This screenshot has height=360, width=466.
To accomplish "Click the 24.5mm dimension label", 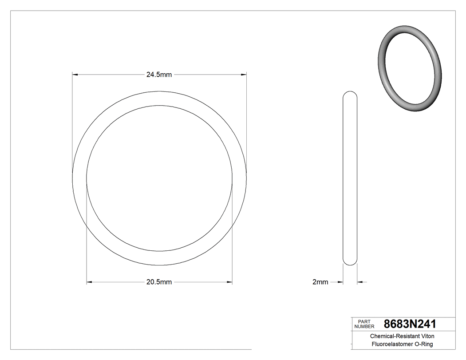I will [x=159, y=75].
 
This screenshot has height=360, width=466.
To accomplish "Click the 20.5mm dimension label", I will [x=159, y=282].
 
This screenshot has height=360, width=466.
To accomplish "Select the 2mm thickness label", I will [x=320, y=282].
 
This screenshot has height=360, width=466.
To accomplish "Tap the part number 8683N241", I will [x=410, y=324].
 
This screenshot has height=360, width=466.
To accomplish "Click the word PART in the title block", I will [x=364, y=321].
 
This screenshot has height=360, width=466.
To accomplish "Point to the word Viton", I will [x=427, y=336].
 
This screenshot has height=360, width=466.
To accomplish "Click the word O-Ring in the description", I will [x=423, y=344].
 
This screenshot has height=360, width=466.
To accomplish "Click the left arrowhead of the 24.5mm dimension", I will [x=75, y=75].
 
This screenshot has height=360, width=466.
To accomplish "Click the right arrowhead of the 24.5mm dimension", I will [x=244, y=75].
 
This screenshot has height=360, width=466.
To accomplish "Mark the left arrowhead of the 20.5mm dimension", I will [x=89, y=282].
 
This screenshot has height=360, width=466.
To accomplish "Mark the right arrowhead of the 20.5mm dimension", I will [x=229, y=282].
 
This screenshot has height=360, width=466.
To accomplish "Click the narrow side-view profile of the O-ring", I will [x=350, y=178].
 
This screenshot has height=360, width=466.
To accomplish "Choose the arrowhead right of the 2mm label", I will [x=341, y=282].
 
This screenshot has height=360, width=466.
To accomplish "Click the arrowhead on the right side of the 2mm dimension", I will [x=360, y=282].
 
